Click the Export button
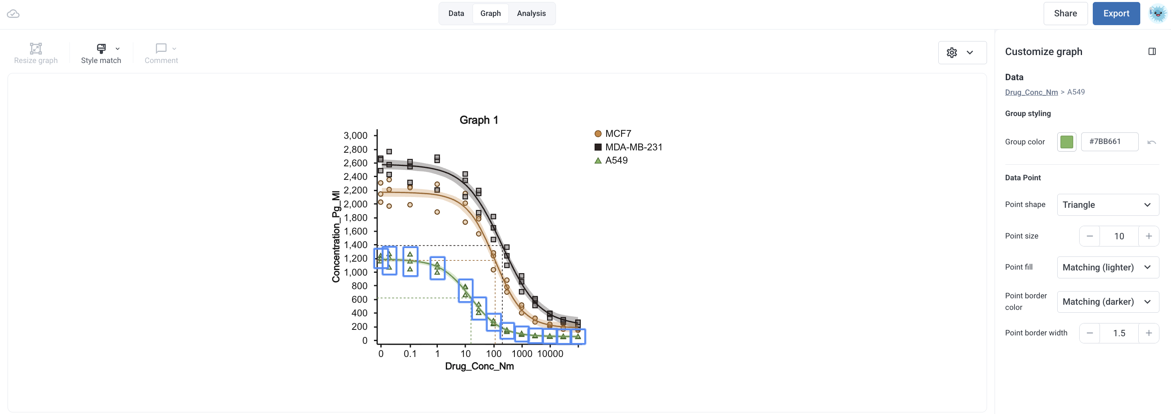coord(1116,14)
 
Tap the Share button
coord(1065,14)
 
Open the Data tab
coord(456,14)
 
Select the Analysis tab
coord(531,14)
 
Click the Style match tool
coord(101,53)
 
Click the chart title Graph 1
coord(479,120)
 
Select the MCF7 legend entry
coord(613,134)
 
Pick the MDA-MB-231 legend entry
coord(628,147)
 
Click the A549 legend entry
coord(611,160)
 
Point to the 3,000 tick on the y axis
coord(356,136)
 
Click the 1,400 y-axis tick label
coord(356,245)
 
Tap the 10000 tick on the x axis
coord(550,353)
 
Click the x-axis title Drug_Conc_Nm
coord(479,366)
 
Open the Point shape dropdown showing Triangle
coord(1108,205)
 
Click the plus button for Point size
coord(1148,236)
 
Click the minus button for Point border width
coord(1090,333)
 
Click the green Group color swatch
coord(1066,142)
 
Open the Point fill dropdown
coord(1108,267)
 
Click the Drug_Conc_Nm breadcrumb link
coord(1031,92)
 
